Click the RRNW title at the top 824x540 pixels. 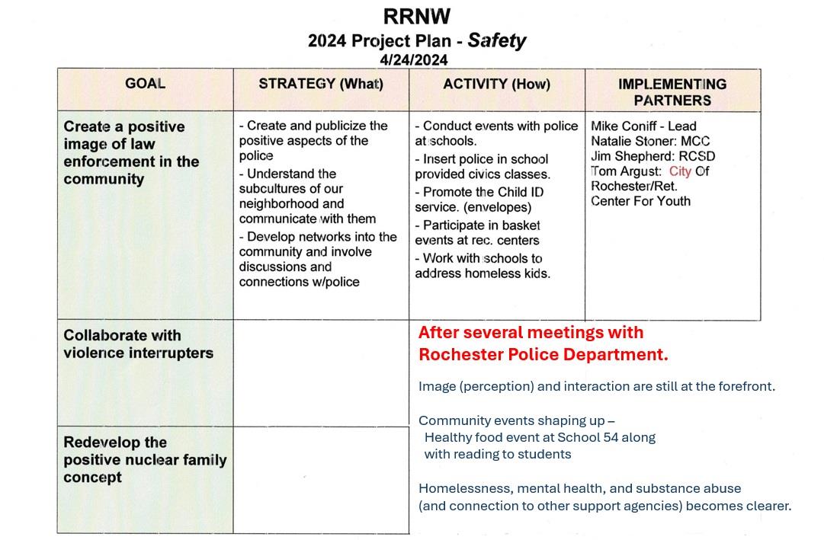click(417, 17)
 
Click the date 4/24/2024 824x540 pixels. click(414, 59)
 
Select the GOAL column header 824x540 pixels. click(145, 84)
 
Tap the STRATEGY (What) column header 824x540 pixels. click(321, 84)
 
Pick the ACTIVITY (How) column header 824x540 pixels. click(496, 84)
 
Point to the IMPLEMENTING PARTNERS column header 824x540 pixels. click(672, 91)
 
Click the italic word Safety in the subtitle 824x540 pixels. click(497, 40)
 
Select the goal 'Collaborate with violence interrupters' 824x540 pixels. click(138, 344)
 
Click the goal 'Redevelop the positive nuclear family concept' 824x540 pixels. click(145, 460)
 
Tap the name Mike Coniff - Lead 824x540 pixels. click(643, 126)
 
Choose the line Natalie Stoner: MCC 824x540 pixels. click(650, 141)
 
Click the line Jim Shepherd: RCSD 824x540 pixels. click(653, 156)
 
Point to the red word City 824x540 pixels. click(680, 171)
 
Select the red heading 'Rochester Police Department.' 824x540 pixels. click(543, 355)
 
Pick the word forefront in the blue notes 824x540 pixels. click(745, 386)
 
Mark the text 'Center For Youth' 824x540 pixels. click(640, 201)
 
